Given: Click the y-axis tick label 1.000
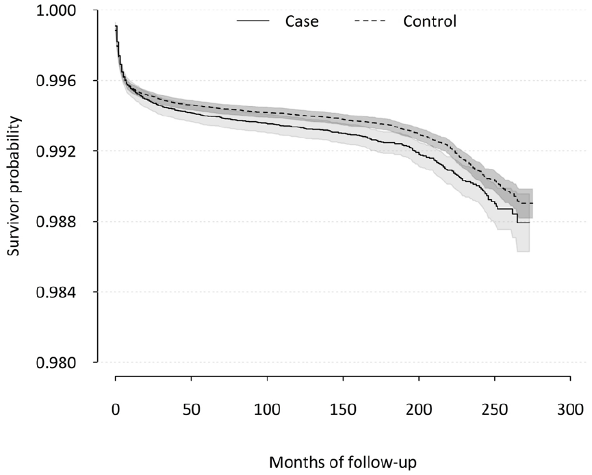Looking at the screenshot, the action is [x=56, y=10].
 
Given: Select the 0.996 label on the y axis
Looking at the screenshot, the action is [x=56, y=81].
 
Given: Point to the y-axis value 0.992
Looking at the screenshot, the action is [x=56, y=151].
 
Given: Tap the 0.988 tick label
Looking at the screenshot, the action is [x=56, y=222].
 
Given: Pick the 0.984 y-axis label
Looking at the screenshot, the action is [x=56, y=292].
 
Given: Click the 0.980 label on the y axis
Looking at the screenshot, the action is [x=56, y=363].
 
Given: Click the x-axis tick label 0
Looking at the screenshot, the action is [x=116, y=409].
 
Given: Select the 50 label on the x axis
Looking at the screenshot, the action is [x=192, y=409].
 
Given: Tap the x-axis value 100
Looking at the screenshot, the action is [x=268, y=409].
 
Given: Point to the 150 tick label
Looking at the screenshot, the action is [x=343, y=409].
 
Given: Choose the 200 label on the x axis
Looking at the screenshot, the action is [x=419, y=409].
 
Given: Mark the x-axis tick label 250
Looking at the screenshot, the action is [x=495, y=409].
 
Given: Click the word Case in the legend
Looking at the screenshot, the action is [x=302, y=21].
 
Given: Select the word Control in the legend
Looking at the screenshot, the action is [x=430, y=21].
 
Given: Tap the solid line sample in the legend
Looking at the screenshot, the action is [x=253, y=21].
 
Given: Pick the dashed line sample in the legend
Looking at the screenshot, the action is [x=370, y=21].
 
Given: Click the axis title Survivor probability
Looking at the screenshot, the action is [x=14, y=186].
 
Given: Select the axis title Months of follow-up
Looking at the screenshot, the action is [x=343, y=463].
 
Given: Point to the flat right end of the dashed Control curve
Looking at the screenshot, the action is [x=532, y=203].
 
